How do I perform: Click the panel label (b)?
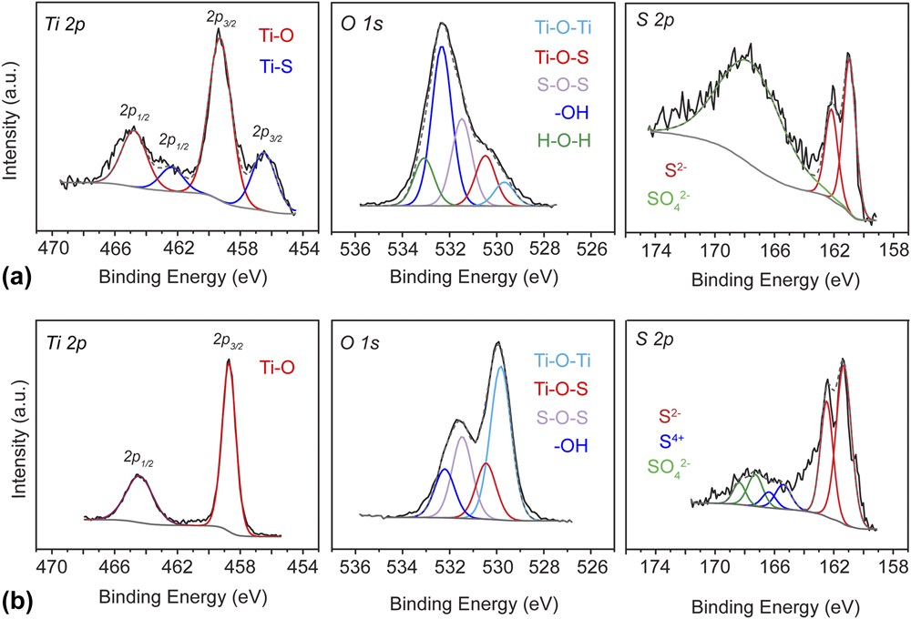click(x=16, y=602)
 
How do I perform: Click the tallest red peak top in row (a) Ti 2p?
click(x=219, y=30)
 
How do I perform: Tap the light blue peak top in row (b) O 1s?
click(x=500, y=367)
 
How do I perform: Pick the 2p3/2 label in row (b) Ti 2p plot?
click(x=228, y=340)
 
